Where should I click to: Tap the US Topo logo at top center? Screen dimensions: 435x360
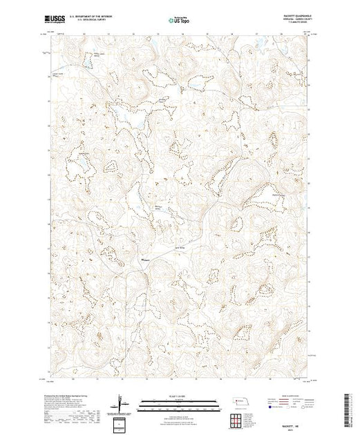179,21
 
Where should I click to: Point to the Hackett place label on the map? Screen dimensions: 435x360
146,260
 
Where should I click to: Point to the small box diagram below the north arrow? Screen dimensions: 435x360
122,422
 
